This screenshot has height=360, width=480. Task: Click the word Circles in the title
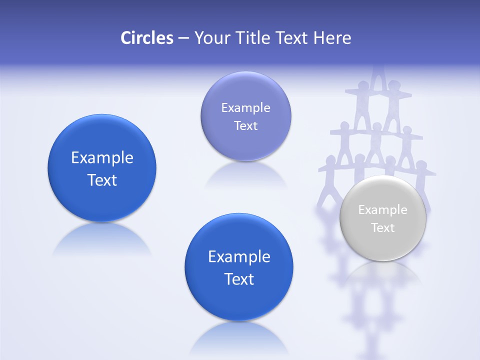pyautogui.click(x=147, y=38)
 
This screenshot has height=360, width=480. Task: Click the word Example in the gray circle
pyautogui.click(x=383, y=210)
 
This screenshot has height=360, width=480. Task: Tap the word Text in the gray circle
pyautogui.click(x=383, y=228)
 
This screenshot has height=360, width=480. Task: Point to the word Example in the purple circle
pyautogui.click(x=245, y=108)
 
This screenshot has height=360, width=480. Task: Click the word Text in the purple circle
pyautogui.click(x=245, y=126)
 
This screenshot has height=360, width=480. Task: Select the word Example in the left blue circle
pyautogui.click(x=102, y=158)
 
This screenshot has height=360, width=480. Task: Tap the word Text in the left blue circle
pyautogui.click(x=102, y=180)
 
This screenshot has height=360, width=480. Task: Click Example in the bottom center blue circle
pyautogui.click(x=239, y=257)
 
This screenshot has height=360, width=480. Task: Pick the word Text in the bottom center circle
pyautogui.click(x=239, y=279)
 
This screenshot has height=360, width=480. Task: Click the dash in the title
pyautogui.click(x=183, y=38)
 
